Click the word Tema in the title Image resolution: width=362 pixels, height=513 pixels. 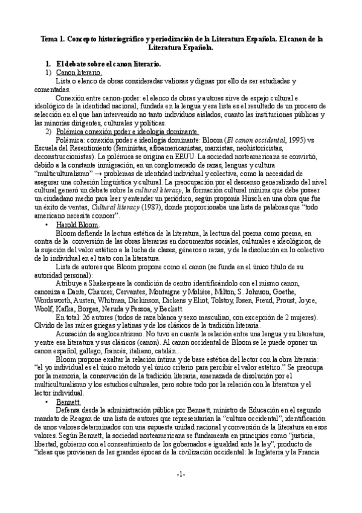pyautogui.click(x=50, y=38)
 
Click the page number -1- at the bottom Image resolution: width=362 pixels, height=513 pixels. pyautogui.click(x=181, y=491)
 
